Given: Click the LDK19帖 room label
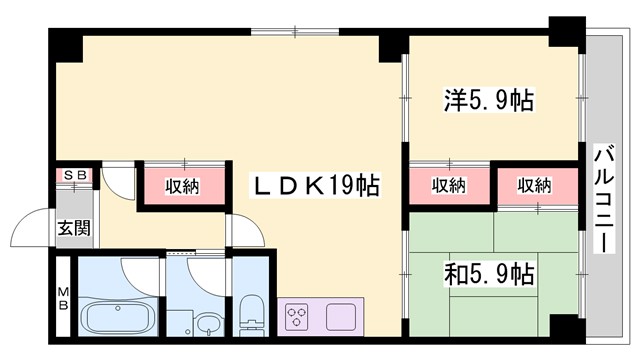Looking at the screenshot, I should [314, 185].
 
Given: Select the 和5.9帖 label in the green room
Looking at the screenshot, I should [487, 272].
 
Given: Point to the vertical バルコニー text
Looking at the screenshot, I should [604, 197].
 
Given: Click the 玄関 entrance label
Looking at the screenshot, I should [72, 228].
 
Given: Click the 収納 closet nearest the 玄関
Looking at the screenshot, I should [182, 186].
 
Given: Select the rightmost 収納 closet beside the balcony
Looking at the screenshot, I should [535, 185].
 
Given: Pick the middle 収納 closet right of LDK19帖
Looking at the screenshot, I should [449, 185].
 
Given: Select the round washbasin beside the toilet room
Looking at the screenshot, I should [207, 325].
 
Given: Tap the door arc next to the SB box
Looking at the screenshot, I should [117, 180].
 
